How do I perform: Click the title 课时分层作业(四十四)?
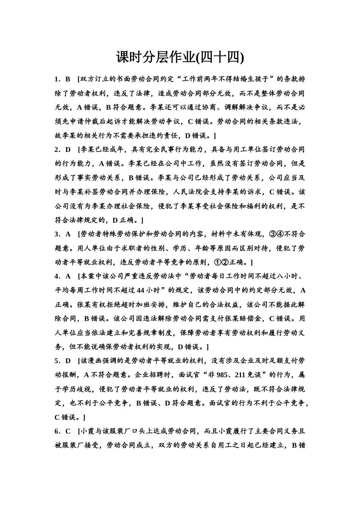click(180, 58)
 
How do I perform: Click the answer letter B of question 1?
click(68, 79)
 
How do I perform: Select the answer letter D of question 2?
click(68, 149)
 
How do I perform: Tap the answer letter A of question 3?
click(68, 234)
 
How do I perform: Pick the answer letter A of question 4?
click(68, 276)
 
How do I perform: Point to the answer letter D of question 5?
click(68, 360)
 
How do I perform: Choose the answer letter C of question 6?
click(68, 431)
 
